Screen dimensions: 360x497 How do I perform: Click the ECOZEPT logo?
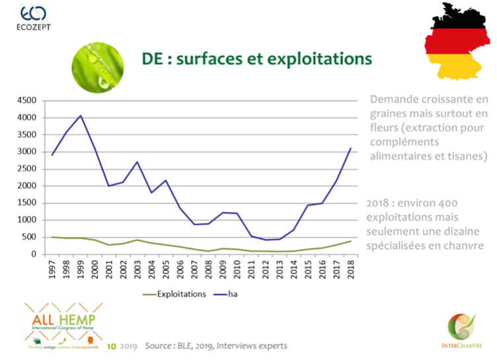[34, 18]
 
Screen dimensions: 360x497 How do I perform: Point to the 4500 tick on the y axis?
[27, 101]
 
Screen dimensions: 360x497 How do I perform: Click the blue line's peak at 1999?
[81, 116]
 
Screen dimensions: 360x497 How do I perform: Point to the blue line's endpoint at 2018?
[350, 149]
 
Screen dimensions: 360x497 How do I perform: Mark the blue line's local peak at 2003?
[137, 162]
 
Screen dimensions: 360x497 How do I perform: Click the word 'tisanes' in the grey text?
[462, 157]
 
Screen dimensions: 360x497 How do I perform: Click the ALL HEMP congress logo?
[63, 324]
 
